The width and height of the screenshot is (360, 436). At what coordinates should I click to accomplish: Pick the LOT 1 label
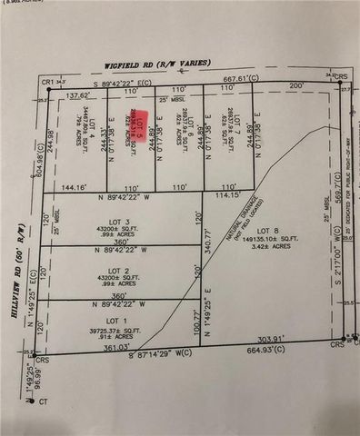click(x=115, y=321)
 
